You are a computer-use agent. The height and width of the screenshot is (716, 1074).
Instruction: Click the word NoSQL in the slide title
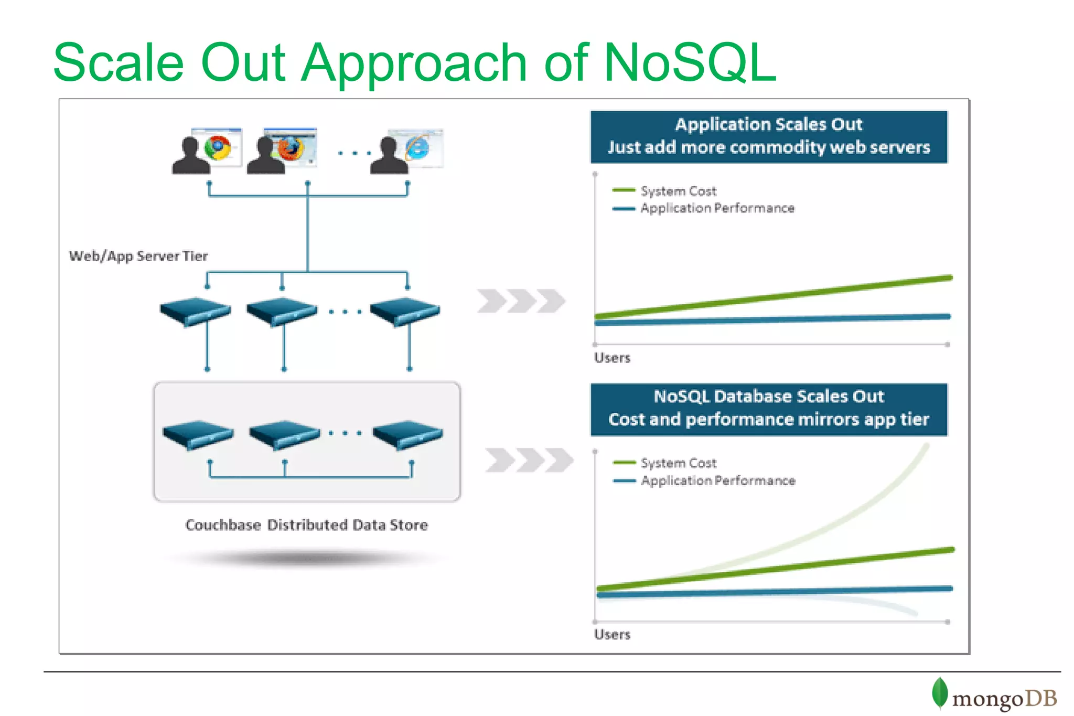point(689,63)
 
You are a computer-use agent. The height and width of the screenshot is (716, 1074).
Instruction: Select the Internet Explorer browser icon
point(417,148)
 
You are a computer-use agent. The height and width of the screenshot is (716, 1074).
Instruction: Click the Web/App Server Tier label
point(138,256)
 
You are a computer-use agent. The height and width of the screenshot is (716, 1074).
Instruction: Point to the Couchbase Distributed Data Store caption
point(307,525)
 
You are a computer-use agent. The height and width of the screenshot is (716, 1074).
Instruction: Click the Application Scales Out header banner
point(769,136)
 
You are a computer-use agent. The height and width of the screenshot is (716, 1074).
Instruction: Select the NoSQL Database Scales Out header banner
point(769,409)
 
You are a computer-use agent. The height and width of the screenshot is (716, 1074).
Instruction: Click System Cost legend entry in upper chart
point(678,191)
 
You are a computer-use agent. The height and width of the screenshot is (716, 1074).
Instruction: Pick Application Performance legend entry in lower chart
point(717,480)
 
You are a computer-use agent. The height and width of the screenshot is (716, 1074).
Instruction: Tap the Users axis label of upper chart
point(612,358)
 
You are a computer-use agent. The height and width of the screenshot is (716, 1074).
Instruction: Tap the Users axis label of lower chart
point(612,635)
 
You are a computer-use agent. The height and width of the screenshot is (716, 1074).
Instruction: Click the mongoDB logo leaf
point(939,692)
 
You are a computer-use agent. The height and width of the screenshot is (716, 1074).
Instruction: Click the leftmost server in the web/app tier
point(195,311)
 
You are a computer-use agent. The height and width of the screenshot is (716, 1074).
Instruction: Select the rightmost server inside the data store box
point(407,434)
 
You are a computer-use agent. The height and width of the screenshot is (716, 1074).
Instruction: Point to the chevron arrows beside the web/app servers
point(521,301)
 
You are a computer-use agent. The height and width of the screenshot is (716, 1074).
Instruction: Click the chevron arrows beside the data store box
point(529,460)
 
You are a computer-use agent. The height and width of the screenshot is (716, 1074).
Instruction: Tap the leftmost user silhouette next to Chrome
point(190,156)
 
